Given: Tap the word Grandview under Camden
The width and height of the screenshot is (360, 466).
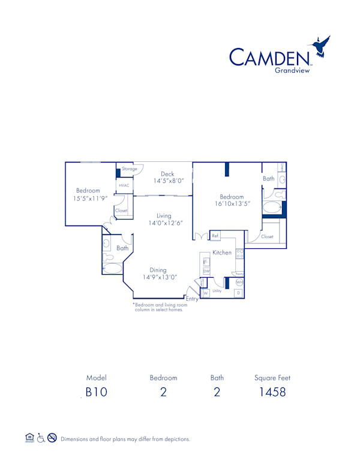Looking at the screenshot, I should [x=292, y=70].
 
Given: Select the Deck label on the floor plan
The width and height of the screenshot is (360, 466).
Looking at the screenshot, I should [x=167, y=174].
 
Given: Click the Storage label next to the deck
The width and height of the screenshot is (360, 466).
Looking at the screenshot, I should [x=129, y=169].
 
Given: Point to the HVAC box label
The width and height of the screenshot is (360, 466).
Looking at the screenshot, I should [x=124, y=186].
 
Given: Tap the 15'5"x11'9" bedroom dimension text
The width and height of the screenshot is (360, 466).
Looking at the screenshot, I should [x=91, y=198].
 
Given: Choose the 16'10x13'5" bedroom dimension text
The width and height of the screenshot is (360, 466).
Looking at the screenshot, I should [x=232, y=204].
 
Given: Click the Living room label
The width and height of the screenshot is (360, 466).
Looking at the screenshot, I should [x=164, y=216].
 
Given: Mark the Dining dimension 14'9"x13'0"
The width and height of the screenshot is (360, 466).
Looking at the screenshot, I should [x=159, y=278].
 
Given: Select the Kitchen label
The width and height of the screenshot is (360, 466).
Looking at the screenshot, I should [x=222, y=252].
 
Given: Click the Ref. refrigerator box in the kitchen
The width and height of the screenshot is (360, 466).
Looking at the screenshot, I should [x=215, y=236].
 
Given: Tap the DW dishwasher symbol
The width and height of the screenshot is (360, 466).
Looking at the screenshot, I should [x=206, y=272].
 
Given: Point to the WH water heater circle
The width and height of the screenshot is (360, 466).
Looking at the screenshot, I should [x=239, y=282].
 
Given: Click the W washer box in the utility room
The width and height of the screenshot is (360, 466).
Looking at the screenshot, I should [x=205, y=293].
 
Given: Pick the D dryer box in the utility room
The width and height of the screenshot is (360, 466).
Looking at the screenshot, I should [x=238, y=293].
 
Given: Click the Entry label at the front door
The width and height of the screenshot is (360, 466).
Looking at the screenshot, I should [x=192, y=299].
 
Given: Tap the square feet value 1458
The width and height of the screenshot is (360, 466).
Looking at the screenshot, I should [x=272, y=393].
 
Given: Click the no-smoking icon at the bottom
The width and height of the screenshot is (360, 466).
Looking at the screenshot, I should [x=52, y=438].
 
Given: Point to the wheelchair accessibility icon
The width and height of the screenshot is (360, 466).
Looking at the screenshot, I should [x=41, y=438].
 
